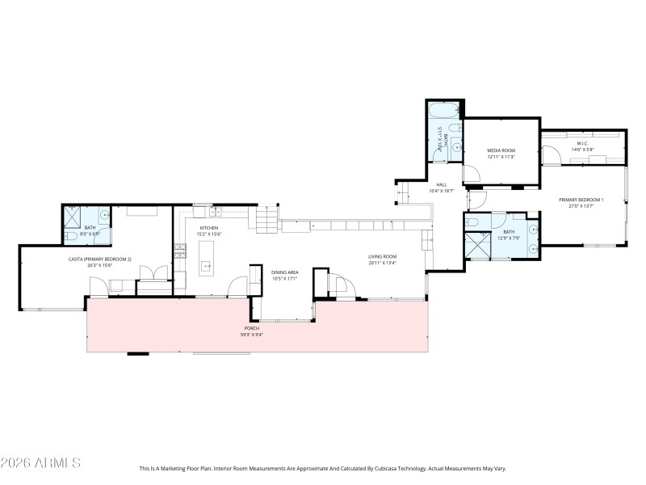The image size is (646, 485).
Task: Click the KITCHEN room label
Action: (x=209, y=228)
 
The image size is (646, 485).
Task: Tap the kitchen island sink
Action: (x=205, y=264)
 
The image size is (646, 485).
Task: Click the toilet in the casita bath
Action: (x=70, y=236)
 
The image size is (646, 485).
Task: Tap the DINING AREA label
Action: (x=285, y=272)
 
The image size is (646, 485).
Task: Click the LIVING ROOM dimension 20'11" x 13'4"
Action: (x=382, y=263)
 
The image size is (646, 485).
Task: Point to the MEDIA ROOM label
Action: (x=501, y=150)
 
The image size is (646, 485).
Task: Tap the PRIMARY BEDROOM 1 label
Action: (x=581, y=200)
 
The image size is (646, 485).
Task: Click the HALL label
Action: (x=442, y=185)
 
